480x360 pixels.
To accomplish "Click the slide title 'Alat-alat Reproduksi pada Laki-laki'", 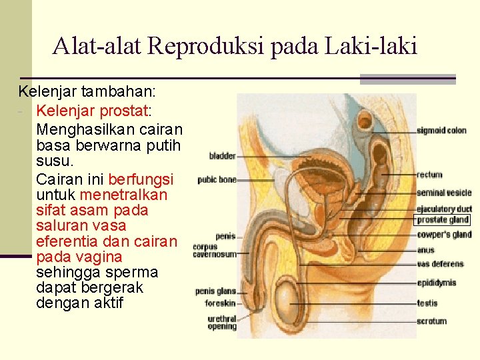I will (x=235, y=46).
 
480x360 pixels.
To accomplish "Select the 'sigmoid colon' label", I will (x=441, y=131).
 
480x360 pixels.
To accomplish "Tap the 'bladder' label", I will (x=223, y=156).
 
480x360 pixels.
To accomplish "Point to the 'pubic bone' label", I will (x=217, y=179).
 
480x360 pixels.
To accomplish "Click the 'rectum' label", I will (x=429, y=175).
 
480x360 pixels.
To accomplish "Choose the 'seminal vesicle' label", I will (x=444, y=193).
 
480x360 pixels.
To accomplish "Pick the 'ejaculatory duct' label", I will (x=444, y=209).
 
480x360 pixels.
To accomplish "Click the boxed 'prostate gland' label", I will (x=443, y=220).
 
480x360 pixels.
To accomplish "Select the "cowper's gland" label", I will (x=444, y=235).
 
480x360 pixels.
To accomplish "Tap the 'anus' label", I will (x=425, y=251).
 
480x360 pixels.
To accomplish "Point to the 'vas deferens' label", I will (x=439, y=264).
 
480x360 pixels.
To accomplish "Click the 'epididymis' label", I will (x=437, y=283).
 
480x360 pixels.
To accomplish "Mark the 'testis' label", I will (x=427, y=303).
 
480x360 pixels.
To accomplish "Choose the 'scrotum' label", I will (x=431, y=321).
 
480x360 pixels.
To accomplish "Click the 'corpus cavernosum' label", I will (x=214, y=251).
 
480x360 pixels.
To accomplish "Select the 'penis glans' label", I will (x=215, y=291).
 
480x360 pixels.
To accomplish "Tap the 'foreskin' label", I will (x=221, y=303).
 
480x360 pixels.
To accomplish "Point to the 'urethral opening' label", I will (x=222, y=323).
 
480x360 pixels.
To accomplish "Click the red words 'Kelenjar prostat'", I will (x=93, y=109).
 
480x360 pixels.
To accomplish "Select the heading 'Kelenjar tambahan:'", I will (x=83, y=91).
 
